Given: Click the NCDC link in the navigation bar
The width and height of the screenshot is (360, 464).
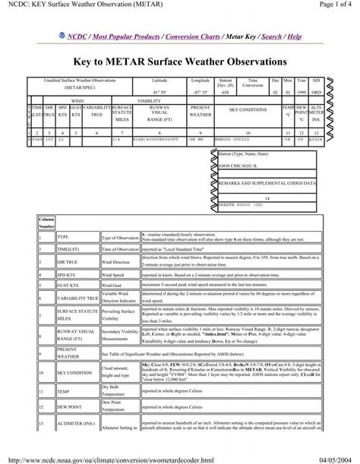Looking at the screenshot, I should pos(77,36).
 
